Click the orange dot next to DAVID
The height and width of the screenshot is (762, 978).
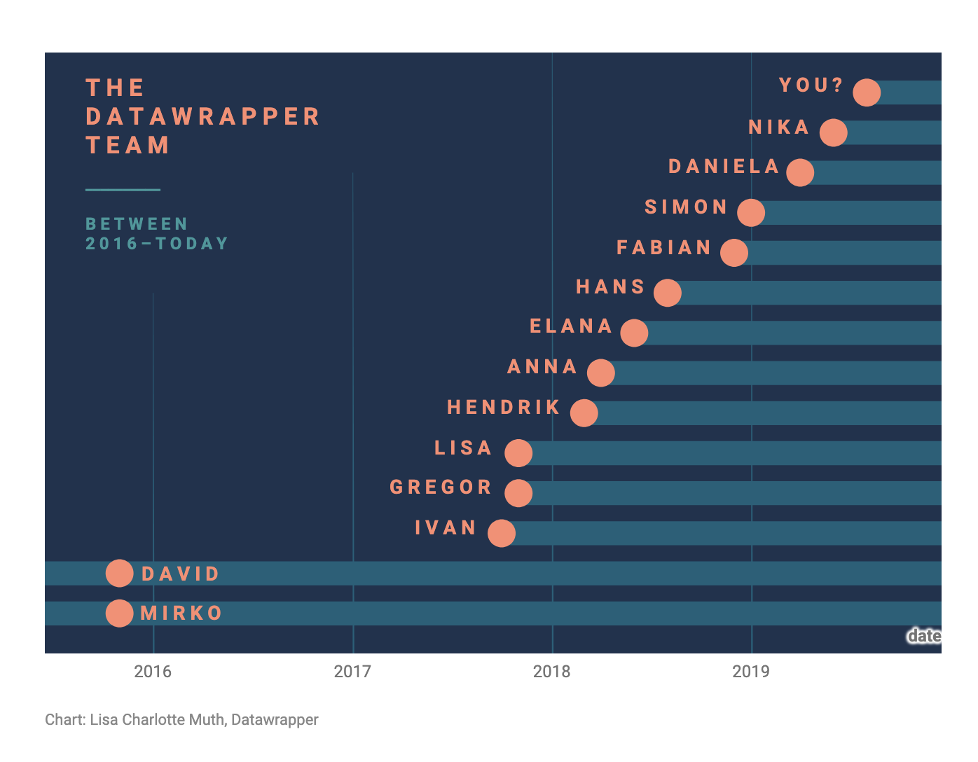point(120,573)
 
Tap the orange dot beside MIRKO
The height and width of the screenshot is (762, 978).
point(120,613)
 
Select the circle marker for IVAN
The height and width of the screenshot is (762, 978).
point(502,533)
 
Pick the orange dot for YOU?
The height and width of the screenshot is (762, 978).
point(867,92)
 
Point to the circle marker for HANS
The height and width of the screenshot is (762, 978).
point(668,293)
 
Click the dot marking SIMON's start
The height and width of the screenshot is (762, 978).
point(751,212)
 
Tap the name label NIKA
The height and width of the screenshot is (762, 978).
point(779,127)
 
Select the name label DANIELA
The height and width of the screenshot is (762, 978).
point(724,167)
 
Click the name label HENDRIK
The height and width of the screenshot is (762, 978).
point(504,408)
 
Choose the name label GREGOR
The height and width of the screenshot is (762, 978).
point(441,487)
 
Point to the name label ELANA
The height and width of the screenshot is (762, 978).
point(571,326)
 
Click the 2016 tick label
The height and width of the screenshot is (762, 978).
point(153,672)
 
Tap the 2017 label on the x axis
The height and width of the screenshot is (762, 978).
point(352,672)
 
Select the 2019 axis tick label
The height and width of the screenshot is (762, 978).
point(751,672)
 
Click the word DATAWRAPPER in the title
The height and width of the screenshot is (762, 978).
point(203,116)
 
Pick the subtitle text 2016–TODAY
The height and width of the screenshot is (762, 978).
point(157,244)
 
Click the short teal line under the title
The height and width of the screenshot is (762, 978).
point(123,190)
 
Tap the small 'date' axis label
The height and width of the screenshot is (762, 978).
point(924,636)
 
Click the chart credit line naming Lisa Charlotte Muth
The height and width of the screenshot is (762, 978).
point(181,719)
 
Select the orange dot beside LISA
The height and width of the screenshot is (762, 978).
point(518,453)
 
